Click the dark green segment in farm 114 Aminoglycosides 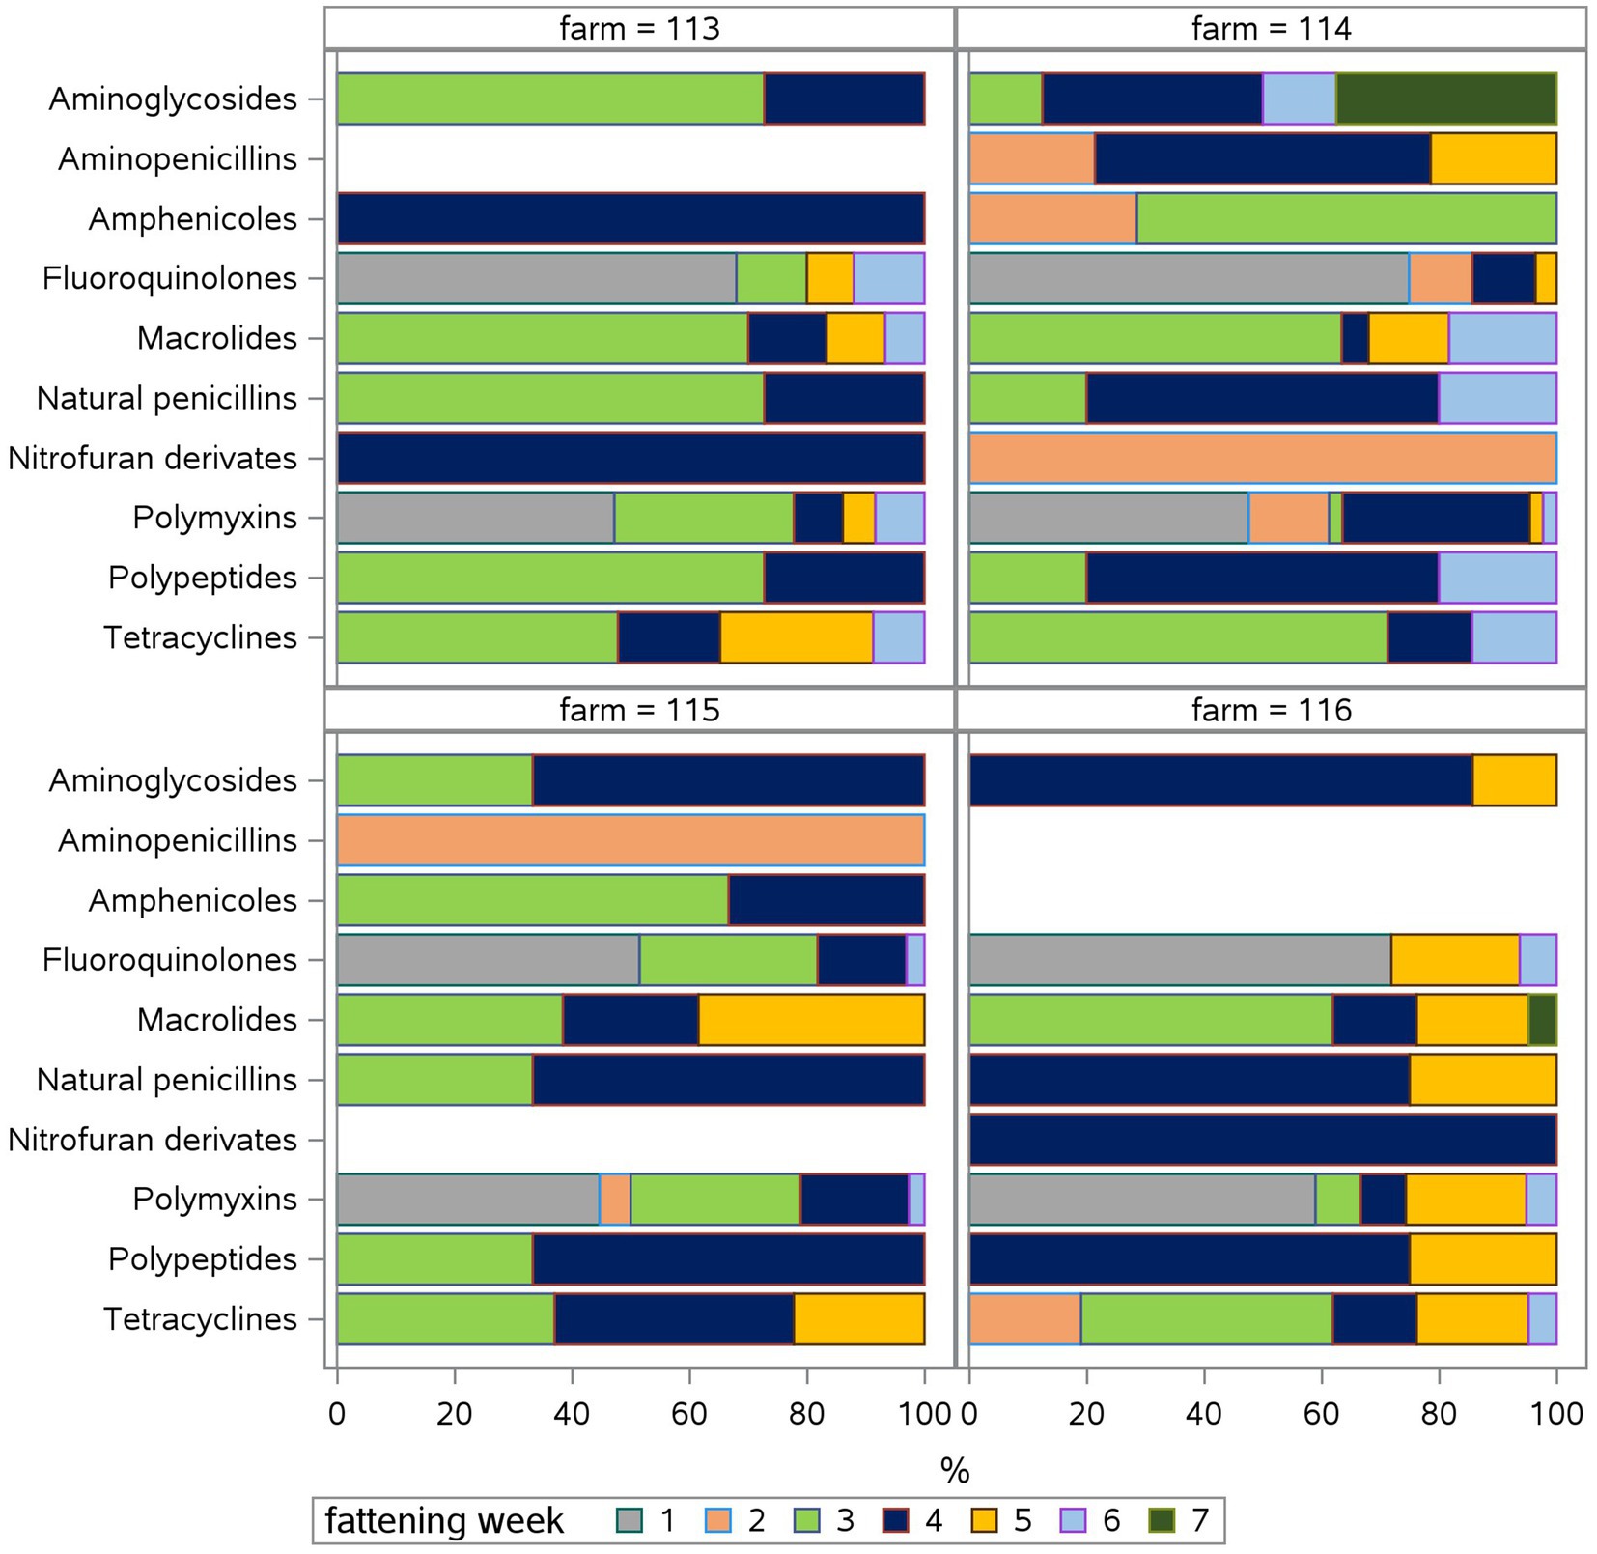click(x=1445, y=99)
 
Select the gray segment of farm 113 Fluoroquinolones click(x=536, y=278)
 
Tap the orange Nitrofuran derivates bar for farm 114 click(x=1262, y=458)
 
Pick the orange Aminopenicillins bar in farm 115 click(x=630, y=840)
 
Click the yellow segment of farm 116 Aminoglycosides click(x=1514, y=780)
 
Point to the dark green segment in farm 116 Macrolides click(x=1542, y=1020)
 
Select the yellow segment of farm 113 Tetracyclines click(x=796, y=637)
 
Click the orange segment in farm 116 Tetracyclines click(x=1024, y=1319)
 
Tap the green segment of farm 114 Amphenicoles click(x=1346, y=218)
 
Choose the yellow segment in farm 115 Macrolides click(x=811, y=1020)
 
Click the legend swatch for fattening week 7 click(x=1161, y=1521)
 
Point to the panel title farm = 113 click(x=639, y=29)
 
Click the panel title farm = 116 click(x=1272, y=711)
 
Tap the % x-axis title click(x=954, y=1471)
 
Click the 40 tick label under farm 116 click(x=1204, y=1414)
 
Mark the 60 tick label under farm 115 click(x=689, y=1414)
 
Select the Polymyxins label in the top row click(x=214, y=518)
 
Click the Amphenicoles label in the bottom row click(x=192, y=900)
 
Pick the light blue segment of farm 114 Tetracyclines click(x=1514, y=637)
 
